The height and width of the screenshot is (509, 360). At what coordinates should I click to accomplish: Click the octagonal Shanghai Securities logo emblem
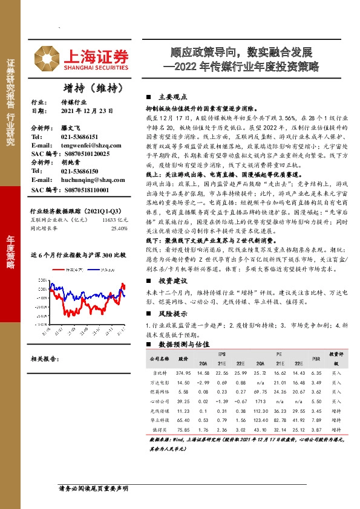42,57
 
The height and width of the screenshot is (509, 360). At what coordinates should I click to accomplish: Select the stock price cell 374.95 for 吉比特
183,374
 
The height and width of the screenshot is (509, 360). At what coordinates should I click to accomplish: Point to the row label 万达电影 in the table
160,383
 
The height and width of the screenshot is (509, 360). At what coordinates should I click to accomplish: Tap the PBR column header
316,359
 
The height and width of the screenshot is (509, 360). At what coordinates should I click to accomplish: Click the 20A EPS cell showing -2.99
203,383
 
